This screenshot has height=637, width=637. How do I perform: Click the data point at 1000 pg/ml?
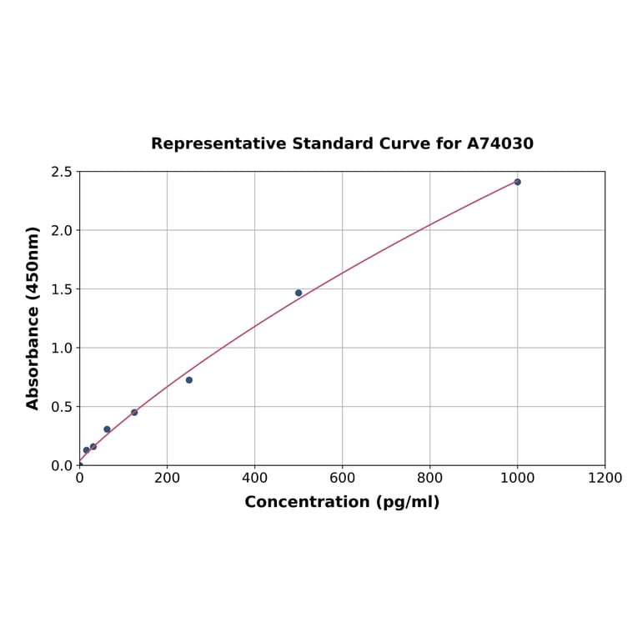pos(517,182)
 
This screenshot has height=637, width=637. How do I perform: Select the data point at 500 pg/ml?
pos(298,293)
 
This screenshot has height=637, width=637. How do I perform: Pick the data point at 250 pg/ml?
pos(189,380)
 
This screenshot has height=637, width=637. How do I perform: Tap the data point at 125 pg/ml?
pos(134,412)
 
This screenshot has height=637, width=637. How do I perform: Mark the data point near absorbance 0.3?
pos(107,429)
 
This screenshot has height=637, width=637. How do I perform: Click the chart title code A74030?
pos(500,143)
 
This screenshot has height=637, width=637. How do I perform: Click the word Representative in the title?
pos(219,143)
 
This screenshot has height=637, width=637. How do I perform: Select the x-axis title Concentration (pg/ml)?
pos(342,502)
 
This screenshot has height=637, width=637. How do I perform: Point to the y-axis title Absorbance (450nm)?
pos(33,318)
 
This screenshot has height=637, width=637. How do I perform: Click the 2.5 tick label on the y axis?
pos(61,172)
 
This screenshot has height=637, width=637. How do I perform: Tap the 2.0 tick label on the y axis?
pos(61,230)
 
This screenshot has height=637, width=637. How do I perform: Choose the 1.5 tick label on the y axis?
pos(61,289)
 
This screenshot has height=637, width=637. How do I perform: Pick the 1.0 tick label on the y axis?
pos(61,348)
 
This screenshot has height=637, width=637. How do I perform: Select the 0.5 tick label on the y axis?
pos(61,407)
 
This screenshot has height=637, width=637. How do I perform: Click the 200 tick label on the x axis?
pos(167,479)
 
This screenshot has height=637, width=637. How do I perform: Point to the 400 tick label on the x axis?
pos(254,479)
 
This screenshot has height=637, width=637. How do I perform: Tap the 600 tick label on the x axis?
pos(342,479)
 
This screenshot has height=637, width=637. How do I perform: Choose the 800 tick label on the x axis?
pos(429,479)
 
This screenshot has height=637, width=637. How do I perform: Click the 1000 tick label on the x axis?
pos(517,479)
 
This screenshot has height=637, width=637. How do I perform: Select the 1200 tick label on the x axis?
pos(604,479)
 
